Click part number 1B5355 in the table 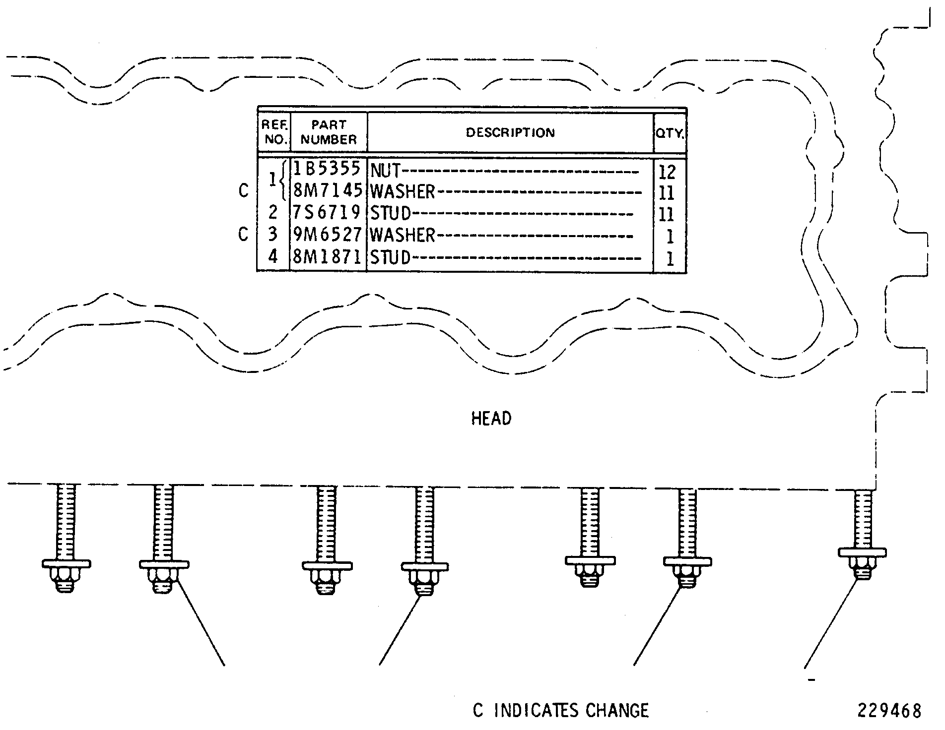(327, 169)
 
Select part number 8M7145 (328, 191)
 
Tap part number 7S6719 (327, 212)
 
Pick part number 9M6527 (327, 234)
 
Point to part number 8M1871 (327, 256)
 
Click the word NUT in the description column (385, 171)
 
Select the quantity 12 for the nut (667, 172)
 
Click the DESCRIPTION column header (510, 132)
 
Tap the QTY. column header (670, 133)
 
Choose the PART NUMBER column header (329, 132)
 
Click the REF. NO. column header (275, 132)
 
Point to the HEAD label (491, 419)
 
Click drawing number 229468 (889, 711)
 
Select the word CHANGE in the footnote (617, 711)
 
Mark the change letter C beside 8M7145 (243, 190)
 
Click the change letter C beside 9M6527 (243, 234)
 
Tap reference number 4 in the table (272, 256)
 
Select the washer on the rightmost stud (862, 552)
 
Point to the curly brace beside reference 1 (283, 180)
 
